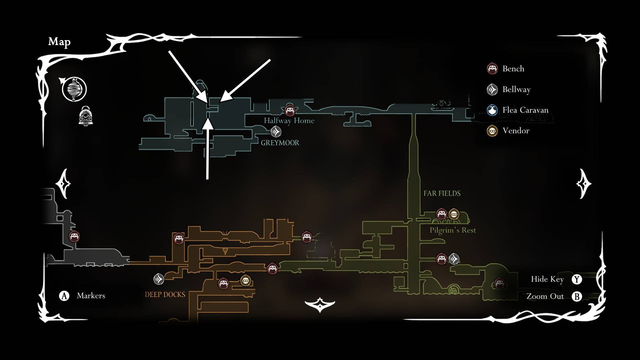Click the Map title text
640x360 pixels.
59,42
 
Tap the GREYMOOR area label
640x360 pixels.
280,143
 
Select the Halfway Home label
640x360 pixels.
289,121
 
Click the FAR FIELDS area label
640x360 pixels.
442,193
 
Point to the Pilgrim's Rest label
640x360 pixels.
453,230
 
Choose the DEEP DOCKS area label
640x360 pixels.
165,295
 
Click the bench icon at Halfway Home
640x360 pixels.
290,110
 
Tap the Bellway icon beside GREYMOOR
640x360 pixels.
276,132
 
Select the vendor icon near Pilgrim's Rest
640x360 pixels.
454,214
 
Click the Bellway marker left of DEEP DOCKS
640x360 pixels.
159,279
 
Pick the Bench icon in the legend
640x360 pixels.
492,69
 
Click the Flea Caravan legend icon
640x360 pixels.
492,110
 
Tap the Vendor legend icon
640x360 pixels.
492,131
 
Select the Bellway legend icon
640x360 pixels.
492,89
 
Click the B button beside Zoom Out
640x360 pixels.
577,296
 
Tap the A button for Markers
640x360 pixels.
64,296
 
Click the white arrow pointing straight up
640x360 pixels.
208,150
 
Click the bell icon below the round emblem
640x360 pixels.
86,116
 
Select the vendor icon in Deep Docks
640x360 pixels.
246,281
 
